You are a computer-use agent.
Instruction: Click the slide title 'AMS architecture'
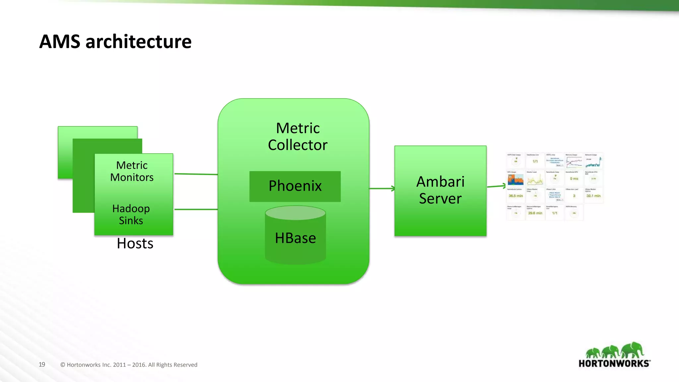point(115,42)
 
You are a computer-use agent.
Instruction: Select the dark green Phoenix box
point(295,186)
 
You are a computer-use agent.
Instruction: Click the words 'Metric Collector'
point(297,137)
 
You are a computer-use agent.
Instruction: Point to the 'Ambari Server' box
point(440,190)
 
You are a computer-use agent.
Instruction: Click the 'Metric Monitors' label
point(132,171)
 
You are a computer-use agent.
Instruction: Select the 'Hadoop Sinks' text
point(131,215)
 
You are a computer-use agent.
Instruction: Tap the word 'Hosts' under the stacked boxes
point(135,244)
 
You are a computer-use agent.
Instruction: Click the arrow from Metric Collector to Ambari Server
point(381,188)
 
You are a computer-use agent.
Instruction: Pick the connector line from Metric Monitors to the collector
point(196,174)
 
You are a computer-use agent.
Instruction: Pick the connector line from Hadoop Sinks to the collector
point(196,209)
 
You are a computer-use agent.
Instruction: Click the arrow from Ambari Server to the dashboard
point(496,186)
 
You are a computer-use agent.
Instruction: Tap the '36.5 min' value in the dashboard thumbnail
point(516,196)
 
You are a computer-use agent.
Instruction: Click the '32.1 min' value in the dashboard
point(593,196)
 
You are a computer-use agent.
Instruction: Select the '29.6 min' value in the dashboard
point(535,213)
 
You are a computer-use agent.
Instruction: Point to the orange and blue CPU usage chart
point(516,179)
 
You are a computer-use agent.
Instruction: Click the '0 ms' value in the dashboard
point(574,179)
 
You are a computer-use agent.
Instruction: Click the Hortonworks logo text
point(614,363)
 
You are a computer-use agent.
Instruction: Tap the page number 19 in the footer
point(42,364)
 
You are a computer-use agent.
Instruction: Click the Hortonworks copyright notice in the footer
point(129,365)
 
